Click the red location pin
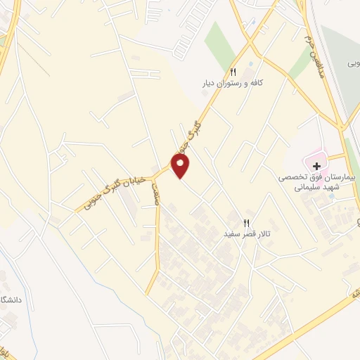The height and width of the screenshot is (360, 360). [181, 165]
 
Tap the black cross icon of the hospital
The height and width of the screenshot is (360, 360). [316, 167]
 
